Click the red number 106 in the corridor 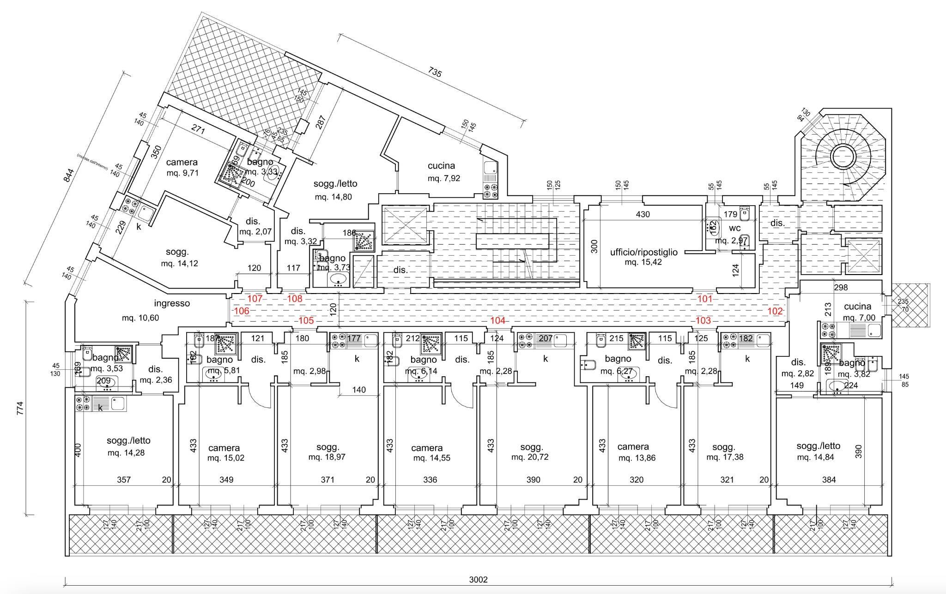coord(242,311)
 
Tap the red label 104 coord(497,320)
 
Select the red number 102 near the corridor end coord(775,311)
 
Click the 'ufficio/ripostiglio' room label coord(643,252)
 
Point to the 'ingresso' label coord(172,304)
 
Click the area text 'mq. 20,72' coord(527,457)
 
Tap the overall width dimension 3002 coord(478,580)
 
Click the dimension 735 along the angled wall coord(435,73)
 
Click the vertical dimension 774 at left coord(19,409)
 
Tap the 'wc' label coord(734,228)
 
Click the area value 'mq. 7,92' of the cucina coord(443,178)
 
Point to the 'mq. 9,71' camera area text coord(182,173)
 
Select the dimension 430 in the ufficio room coord(643,214)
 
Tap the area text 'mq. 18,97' coord(327,457)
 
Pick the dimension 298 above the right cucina coord(841,288)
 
